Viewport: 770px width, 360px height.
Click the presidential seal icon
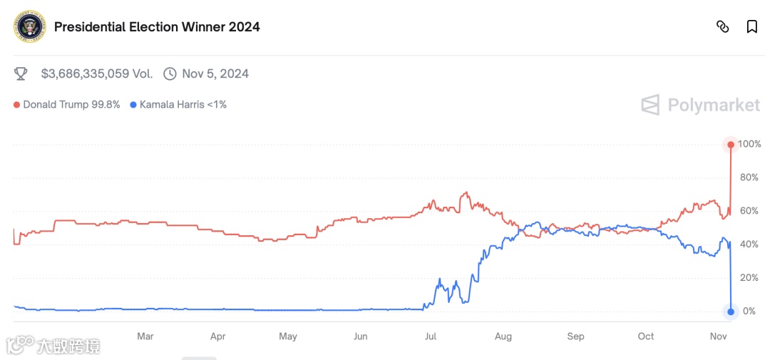point(30,27)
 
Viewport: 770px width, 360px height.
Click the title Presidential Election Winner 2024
point(157,27)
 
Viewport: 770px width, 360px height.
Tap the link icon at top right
point(722,27)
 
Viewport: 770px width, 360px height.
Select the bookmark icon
point(751,27)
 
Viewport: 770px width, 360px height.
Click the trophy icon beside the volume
point(21,73)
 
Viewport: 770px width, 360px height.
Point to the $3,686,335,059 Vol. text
point(96,73)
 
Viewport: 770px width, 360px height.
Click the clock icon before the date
point(170,73)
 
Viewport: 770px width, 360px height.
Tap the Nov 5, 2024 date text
point(215,73)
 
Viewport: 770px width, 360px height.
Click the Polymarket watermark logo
point(700,106)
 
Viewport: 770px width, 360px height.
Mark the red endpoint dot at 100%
point(731,145)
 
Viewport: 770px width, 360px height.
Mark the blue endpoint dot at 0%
point(731,312)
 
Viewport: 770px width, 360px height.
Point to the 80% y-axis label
point(748,178)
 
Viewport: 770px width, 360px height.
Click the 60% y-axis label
point(748,211)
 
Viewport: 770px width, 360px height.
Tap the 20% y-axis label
point(748,278)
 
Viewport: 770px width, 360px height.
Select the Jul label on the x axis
point(431,336)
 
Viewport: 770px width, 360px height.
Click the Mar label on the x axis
point(145,336)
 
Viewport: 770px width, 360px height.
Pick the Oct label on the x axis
point(646,336)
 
